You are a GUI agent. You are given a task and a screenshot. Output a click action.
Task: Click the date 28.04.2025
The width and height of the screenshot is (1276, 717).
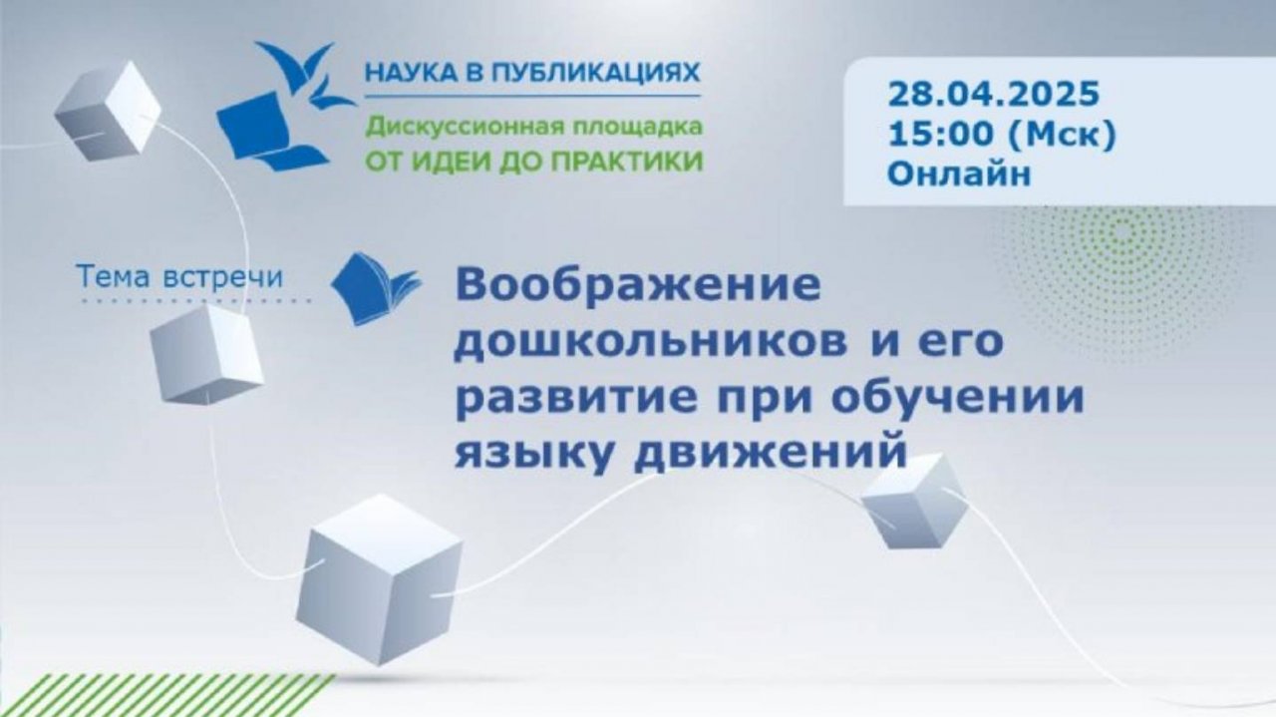[x=993, y=96]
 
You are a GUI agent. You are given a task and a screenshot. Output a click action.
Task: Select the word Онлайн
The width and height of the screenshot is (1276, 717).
[x=958, y=174]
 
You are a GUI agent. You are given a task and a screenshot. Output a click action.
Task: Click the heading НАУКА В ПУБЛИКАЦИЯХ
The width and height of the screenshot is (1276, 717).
[x=532, y=73]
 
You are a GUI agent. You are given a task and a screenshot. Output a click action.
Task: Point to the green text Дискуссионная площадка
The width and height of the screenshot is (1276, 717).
[x=532, y=128]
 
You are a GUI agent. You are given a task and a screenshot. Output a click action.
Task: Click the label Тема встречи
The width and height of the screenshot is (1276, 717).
[x=179, y=277]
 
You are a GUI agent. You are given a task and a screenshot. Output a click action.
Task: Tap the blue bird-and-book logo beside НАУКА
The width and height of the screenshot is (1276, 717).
[x=281, y=106]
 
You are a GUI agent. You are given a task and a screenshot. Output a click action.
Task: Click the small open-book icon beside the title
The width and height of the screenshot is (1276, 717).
[x=374, y=288]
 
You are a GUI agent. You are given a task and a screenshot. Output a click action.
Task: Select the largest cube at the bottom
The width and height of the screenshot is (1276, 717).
[x=379, y=578]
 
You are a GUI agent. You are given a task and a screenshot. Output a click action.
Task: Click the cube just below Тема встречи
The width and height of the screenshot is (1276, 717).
[x=206, y=354]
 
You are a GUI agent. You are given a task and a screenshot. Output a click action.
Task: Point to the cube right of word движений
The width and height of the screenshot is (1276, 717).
[x=914, y=501]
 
